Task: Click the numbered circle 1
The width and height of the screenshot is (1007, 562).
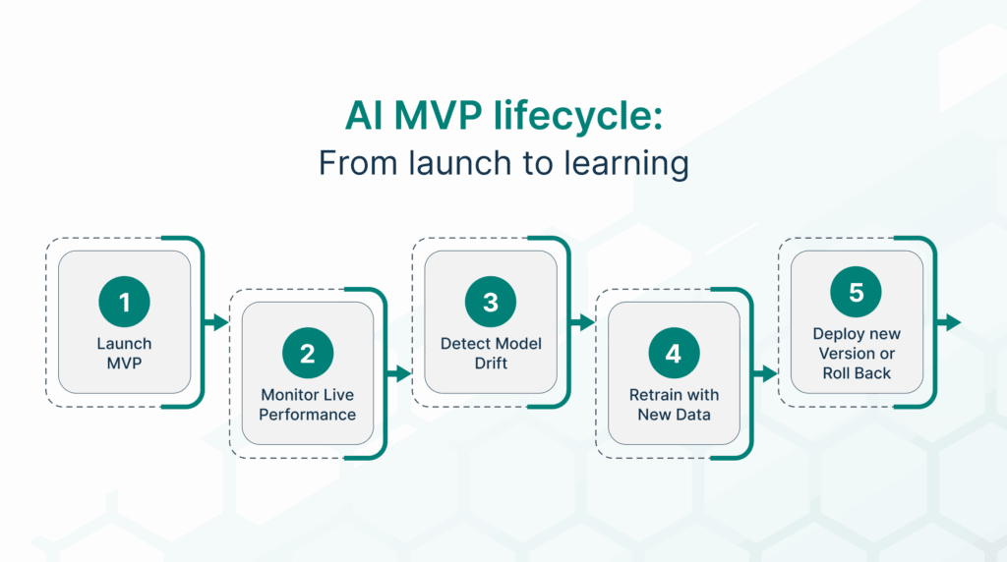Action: coord(124,303)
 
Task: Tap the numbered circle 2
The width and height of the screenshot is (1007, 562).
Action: coord(308,354)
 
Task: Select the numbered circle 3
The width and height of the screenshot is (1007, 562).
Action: coord(491,303)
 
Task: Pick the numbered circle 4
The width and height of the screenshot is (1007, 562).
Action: coord(674,354)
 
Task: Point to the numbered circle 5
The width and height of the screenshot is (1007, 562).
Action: coord(857,293)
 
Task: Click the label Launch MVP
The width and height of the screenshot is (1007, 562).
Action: coord(124,353)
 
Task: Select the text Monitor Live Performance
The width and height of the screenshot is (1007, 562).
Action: coord(308,404)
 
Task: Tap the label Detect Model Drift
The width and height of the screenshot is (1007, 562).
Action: coord(491,353)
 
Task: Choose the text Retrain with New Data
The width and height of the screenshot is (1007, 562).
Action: coord(674,404)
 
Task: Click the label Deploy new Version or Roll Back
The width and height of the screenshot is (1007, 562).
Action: coord(857,354)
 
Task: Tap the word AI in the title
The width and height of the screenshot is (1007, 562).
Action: coord(363,119)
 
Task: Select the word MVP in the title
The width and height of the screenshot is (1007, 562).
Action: coord(431,119)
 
